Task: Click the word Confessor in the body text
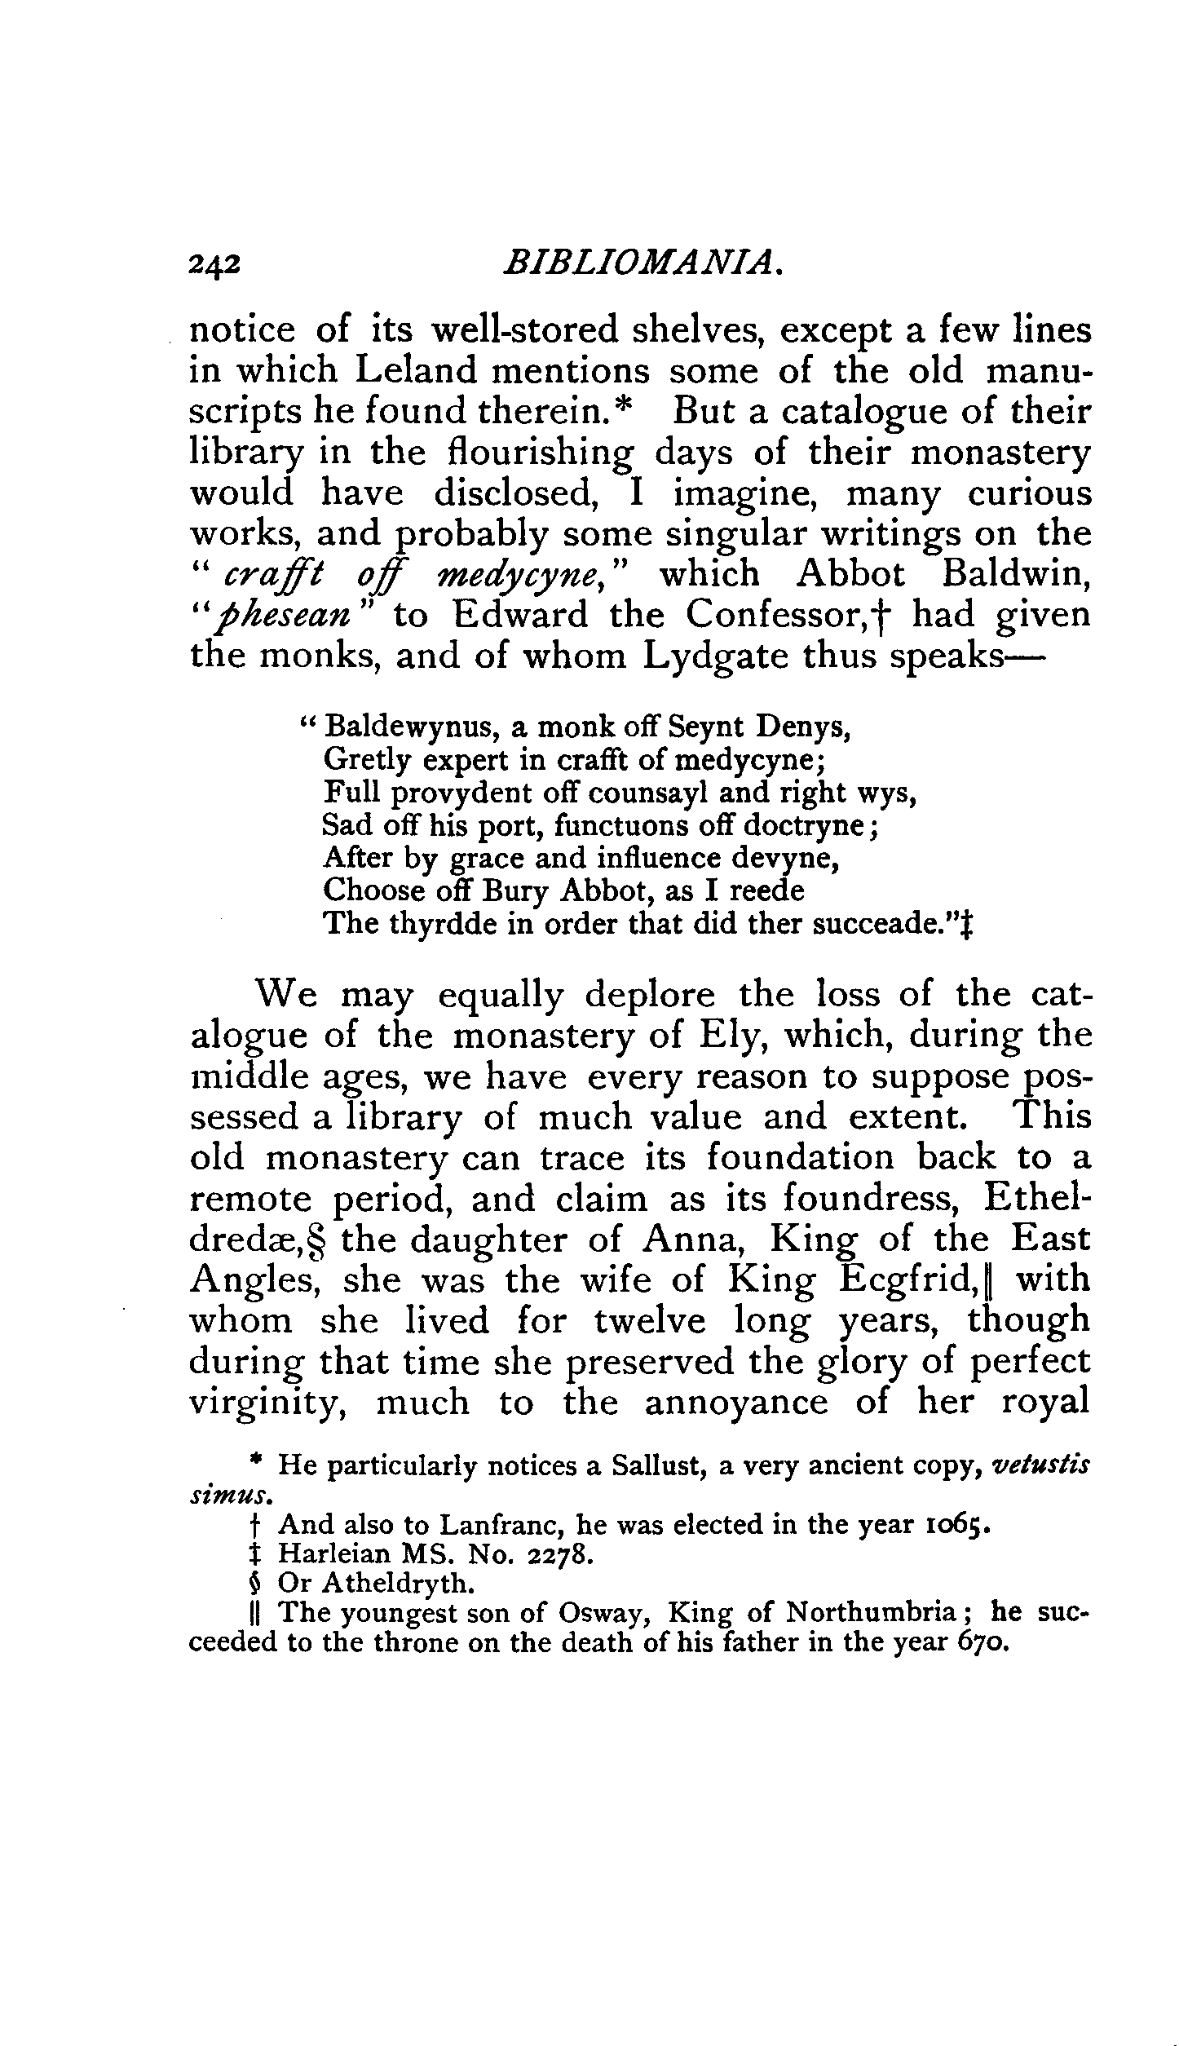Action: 786,615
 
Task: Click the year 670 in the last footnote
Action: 981,1642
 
